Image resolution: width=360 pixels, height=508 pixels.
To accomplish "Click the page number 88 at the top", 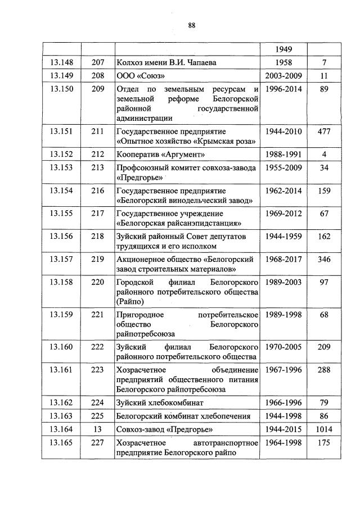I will [191, 25].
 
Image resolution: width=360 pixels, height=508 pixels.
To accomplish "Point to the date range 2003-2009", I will [283, 75].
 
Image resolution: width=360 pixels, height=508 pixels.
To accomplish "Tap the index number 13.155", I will [61, 214].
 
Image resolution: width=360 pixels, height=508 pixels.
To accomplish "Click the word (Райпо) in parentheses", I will [130, 301].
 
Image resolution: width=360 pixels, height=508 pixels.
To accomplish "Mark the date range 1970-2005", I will [283, 347].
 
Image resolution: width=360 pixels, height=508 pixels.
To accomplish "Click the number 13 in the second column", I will [98, 430].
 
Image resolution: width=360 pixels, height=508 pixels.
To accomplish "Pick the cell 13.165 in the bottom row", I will [61, 443].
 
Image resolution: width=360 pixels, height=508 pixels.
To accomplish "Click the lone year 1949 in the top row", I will [283, 49].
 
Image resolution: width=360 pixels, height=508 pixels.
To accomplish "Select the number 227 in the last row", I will [98, 443].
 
